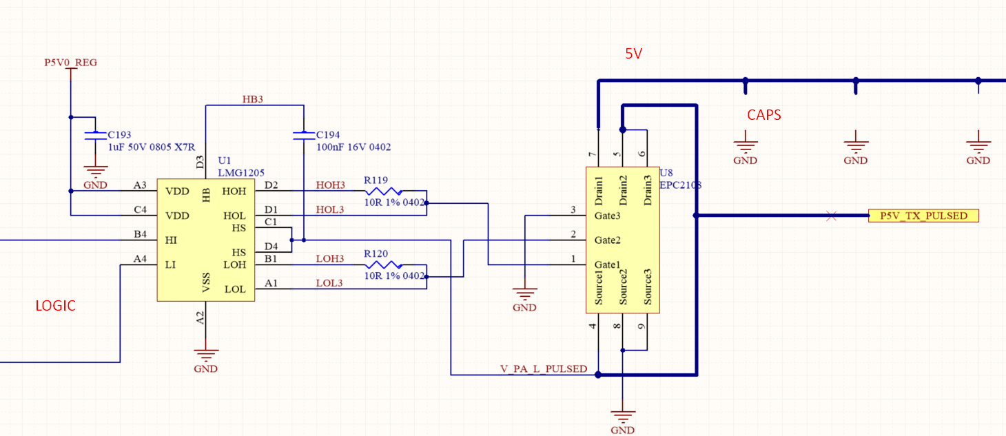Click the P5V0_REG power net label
coord(70,63)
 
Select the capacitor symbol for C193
coord(95,136)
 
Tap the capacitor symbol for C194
coord(304,136)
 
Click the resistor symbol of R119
coord(383,191)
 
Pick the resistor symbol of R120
coord(383,265)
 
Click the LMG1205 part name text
coord(241,173)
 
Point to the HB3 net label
coord(252,99)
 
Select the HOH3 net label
coord(330,185)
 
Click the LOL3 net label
coord(329,283)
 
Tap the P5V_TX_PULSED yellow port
coord(923,216)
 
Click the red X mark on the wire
coord(831,216)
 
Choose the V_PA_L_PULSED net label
coord(544,368)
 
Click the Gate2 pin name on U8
coord(607,240)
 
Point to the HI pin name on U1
coord(171,240)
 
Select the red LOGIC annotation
coord(55,306)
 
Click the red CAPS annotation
coord(764,115)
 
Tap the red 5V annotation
coord(634,54)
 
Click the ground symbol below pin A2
coord(206,355)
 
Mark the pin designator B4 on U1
coord(140,234)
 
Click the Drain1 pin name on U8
coord(599,191)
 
